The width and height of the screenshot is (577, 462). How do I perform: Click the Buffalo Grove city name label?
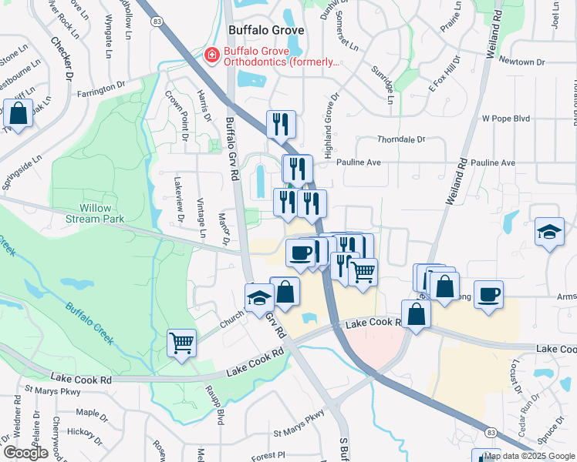[x=266, y=30]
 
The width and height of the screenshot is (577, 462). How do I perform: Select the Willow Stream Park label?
[x=102, y=213]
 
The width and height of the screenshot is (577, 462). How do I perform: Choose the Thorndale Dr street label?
[x=401, y=139]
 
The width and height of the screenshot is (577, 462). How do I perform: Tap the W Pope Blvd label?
[x=506, y=119]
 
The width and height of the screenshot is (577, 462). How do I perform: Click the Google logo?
[x=25, y=453]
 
